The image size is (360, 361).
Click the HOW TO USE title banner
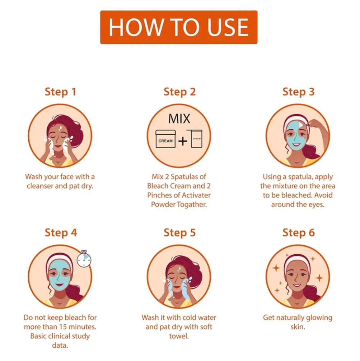(x=179, y=27)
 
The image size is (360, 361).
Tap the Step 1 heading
(x=60, y=92)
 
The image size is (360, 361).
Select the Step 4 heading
(x=61, y=232)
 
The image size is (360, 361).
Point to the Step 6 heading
(x=299, y=232)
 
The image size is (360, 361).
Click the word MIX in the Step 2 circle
(x=179, y=119)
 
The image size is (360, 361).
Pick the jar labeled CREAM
(x=165, y=139)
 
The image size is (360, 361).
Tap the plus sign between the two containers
(x=183, y=141)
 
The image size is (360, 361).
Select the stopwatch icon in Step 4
(x=84, y=259)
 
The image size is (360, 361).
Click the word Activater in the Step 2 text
(x=196, y=195)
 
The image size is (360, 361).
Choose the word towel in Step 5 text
(x=179, y=336)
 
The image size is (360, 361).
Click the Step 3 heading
(x=299, y=92)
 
